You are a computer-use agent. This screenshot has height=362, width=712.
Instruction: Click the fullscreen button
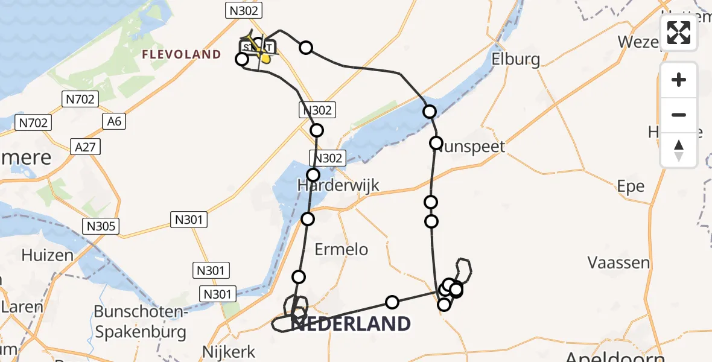click(679, 33)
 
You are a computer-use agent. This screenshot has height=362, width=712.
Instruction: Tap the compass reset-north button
click(679, 150)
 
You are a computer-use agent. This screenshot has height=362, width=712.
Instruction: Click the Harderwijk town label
click(338, 185)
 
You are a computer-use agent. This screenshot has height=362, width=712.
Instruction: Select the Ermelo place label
click(341, 249)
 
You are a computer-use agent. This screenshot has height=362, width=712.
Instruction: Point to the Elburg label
click(515, 59)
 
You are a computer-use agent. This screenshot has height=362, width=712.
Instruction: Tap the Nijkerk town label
click(229, 351)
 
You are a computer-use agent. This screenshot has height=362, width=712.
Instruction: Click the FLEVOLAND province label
click(181, 55)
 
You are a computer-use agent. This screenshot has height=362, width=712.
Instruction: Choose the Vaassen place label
click(618, 262)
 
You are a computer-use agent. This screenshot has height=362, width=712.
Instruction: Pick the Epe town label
click(631, 186)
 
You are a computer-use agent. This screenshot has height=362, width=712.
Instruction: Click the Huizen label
click(47, 255)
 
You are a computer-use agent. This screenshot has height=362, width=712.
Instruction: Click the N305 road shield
click(101, 226)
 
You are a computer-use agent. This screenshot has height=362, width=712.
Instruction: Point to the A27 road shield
click(85, 147)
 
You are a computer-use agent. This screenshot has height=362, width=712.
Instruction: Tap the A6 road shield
click(114, 121)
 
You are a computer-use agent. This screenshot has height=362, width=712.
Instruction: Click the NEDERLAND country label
click(350, 324)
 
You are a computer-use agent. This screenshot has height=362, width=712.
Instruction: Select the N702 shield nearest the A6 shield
click(80, 99)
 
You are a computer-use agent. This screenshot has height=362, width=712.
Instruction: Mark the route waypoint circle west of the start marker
click(241, 59)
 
